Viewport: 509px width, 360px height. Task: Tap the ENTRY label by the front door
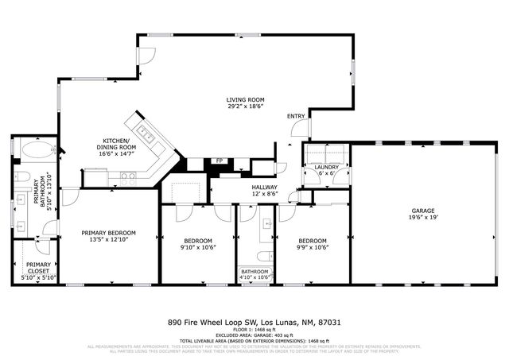pyautogui.click(x=296, y=117)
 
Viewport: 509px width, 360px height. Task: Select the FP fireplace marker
pyautogui.click(x=219, y=161)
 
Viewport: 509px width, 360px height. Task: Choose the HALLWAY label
pyautogui.click(x=264, y=188)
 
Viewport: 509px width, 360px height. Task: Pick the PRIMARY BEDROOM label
pyautogui.click(x=109, y=233)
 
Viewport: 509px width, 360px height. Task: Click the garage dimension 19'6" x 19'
pyautogui.click(x=423, y=216)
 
